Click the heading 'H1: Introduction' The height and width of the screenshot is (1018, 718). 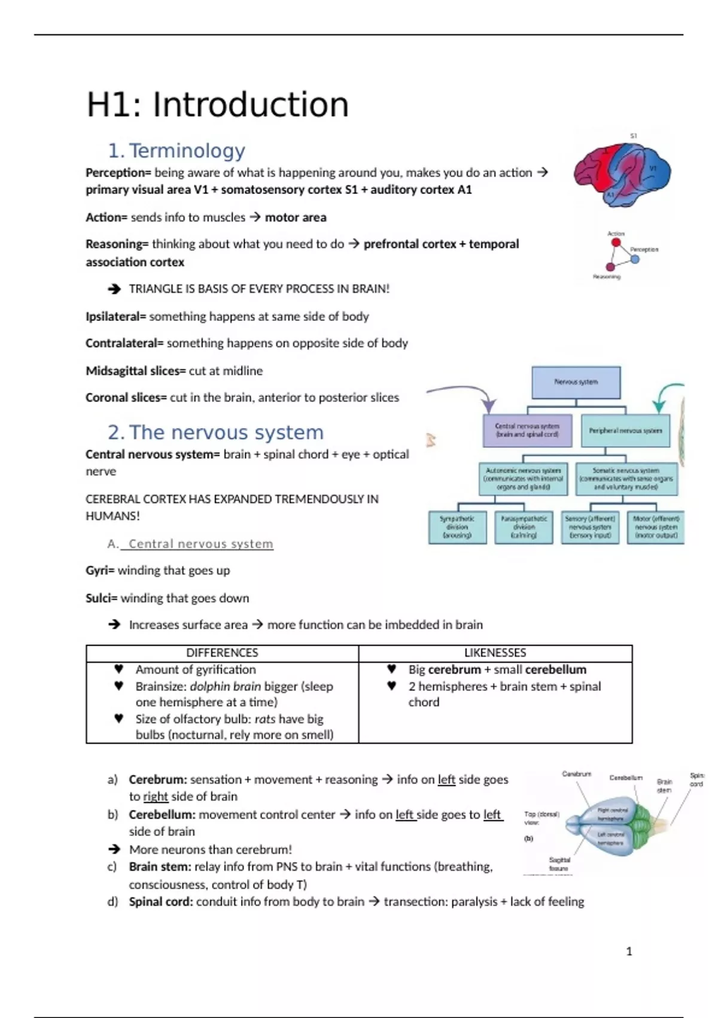217,105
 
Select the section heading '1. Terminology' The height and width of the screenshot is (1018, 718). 177,150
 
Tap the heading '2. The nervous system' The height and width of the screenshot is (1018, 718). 215,432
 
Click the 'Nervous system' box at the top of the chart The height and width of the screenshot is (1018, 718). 576,382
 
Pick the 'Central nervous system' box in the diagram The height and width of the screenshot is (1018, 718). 527,431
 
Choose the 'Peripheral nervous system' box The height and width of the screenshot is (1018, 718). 625,431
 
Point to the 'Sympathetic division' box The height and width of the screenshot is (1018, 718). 457,527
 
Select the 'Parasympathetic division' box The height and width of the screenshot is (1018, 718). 524,527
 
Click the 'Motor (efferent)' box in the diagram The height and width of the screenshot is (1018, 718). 656,527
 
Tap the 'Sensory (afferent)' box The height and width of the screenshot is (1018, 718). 590,527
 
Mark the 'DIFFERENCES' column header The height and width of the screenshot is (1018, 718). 222,653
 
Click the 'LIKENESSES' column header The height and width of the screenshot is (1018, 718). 495,653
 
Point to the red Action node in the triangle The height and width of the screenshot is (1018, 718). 616,243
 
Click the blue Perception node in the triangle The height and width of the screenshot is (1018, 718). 635,259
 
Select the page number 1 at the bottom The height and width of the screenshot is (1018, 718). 629,951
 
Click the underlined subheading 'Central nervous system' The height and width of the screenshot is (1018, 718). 200,544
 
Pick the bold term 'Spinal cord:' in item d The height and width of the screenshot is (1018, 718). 160,901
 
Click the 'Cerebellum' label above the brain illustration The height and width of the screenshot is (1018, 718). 625,778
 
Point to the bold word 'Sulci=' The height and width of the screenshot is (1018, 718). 101,598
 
